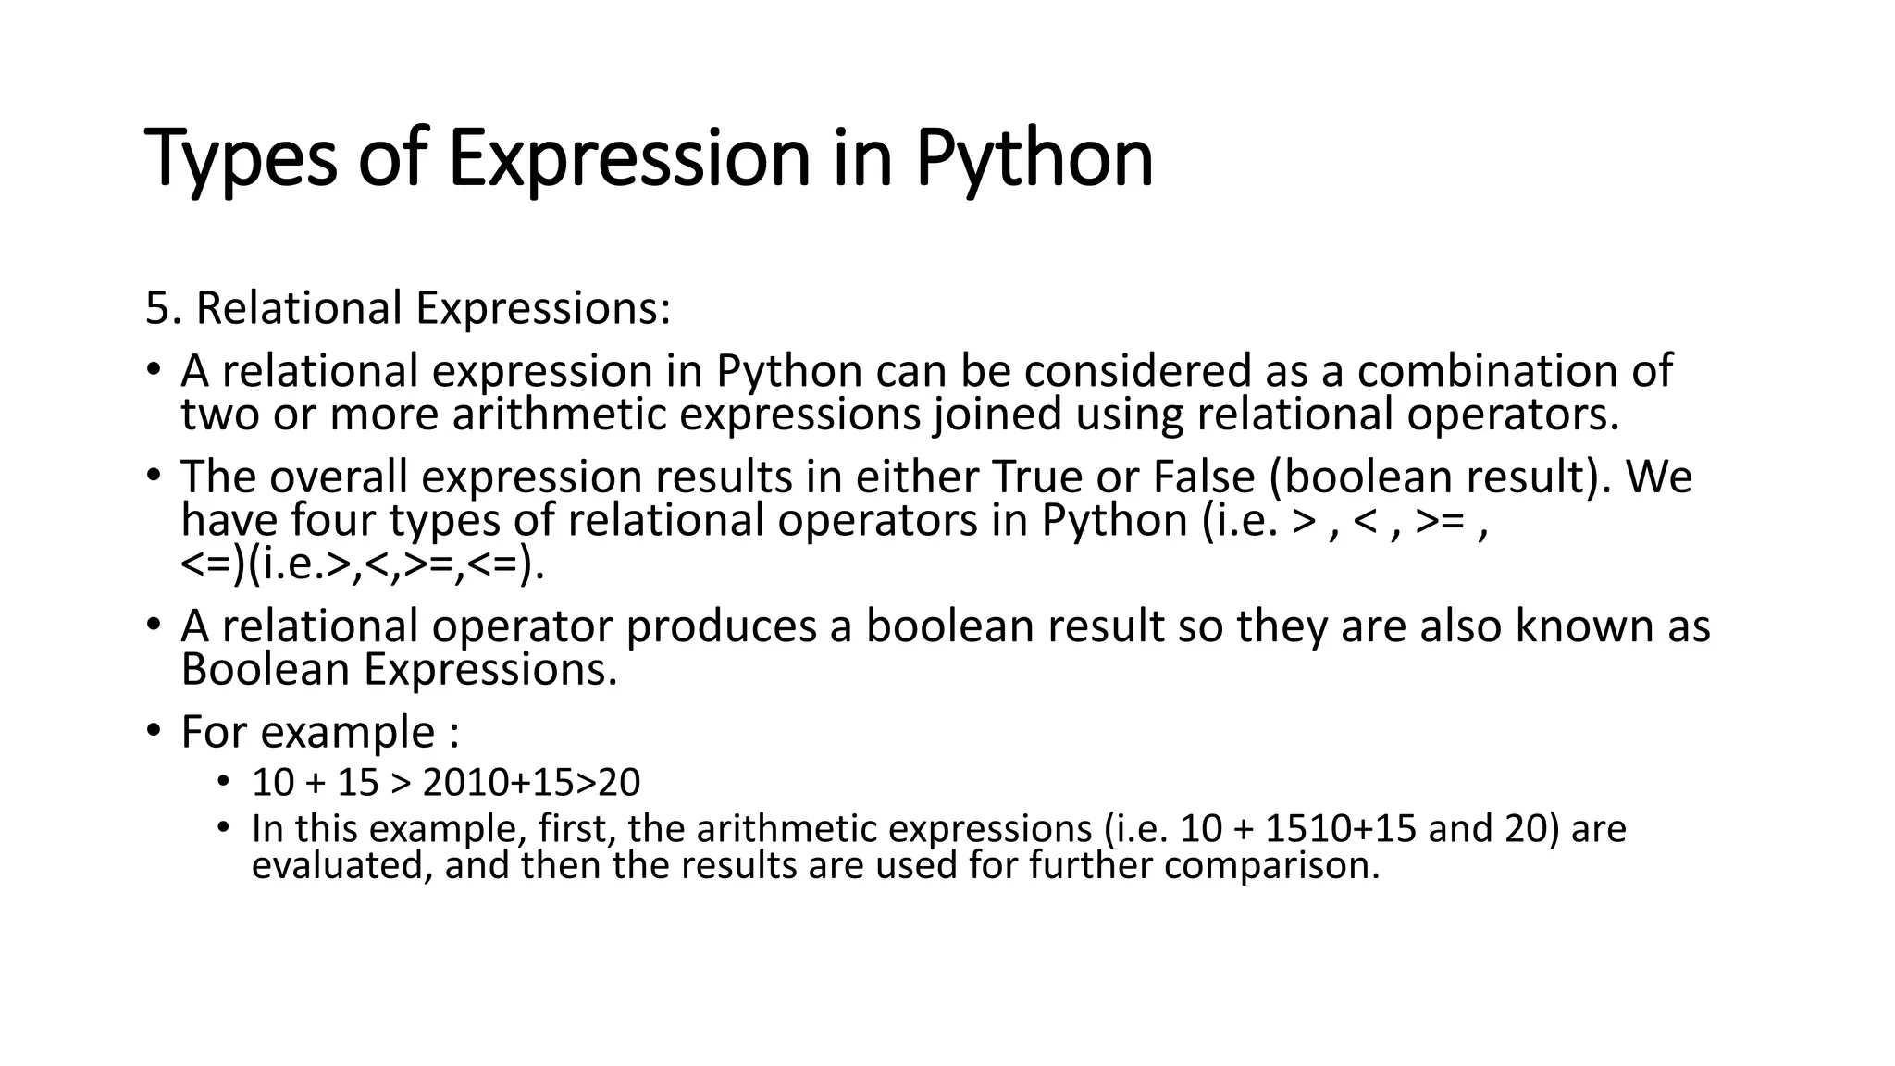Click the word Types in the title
241,159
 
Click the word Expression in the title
629,159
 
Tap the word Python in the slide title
1034,159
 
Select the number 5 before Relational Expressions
157,308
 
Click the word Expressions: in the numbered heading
543,308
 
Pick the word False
1204,477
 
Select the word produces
722,626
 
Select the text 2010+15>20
531,783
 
